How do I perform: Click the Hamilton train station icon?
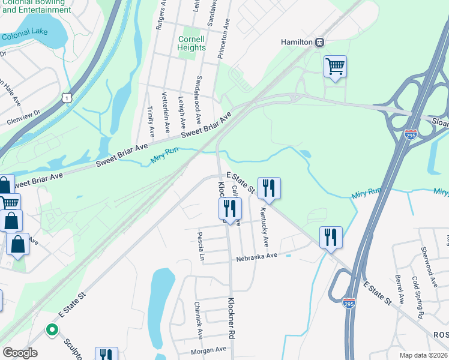(321, 42)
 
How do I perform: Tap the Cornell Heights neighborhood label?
(192, 43)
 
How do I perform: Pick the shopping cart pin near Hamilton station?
(335, 66)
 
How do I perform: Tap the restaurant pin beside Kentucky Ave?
(269, 188)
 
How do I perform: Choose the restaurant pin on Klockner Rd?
(229, 208)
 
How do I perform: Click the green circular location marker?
(52, 329)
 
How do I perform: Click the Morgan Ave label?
(208, 349)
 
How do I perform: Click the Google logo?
(20, 353)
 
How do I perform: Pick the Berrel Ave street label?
(399, 290)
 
